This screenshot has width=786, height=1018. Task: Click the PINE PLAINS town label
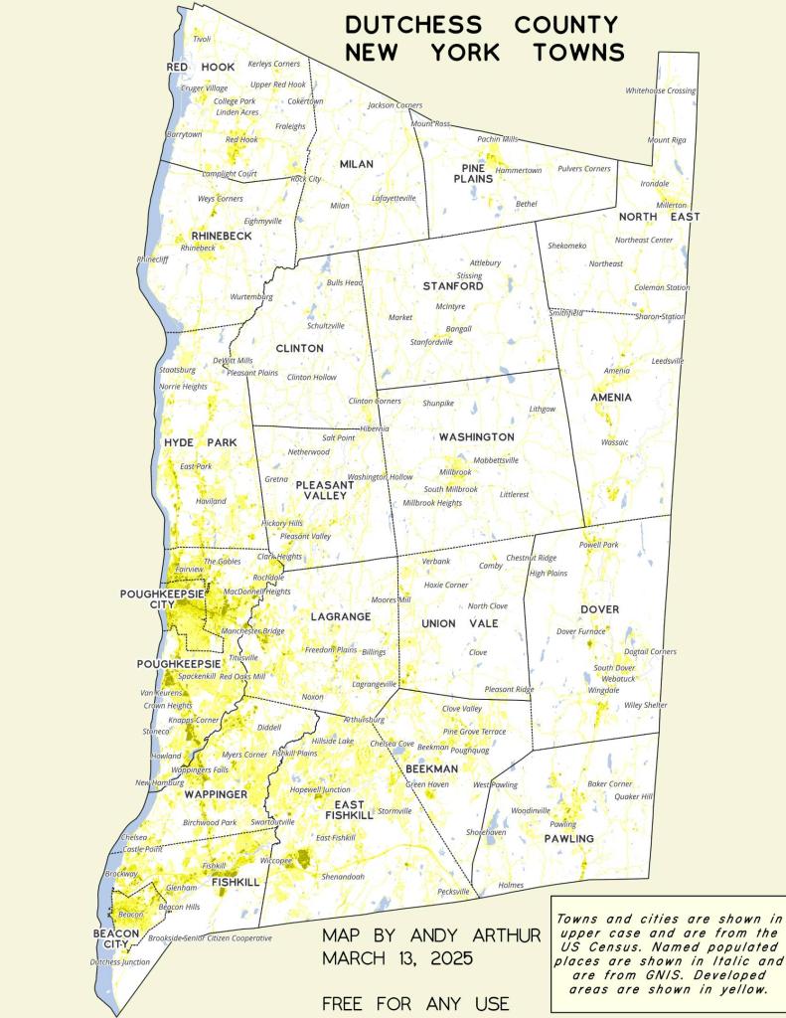point(473,174)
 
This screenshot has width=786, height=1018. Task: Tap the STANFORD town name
point(453,286)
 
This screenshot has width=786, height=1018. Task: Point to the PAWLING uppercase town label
point(568,839)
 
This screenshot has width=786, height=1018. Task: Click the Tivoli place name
point(202,39)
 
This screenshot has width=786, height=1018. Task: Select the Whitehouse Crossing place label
point(660,90)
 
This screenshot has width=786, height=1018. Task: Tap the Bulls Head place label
point(345,283)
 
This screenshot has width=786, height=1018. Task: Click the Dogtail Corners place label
point(650,651)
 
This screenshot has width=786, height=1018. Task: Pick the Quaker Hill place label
point(633,796)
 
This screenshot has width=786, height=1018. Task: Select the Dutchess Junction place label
point(119,962)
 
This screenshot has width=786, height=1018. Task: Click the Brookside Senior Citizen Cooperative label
point(210,937)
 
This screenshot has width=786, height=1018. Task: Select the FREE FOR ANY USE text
point(415,1003)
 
